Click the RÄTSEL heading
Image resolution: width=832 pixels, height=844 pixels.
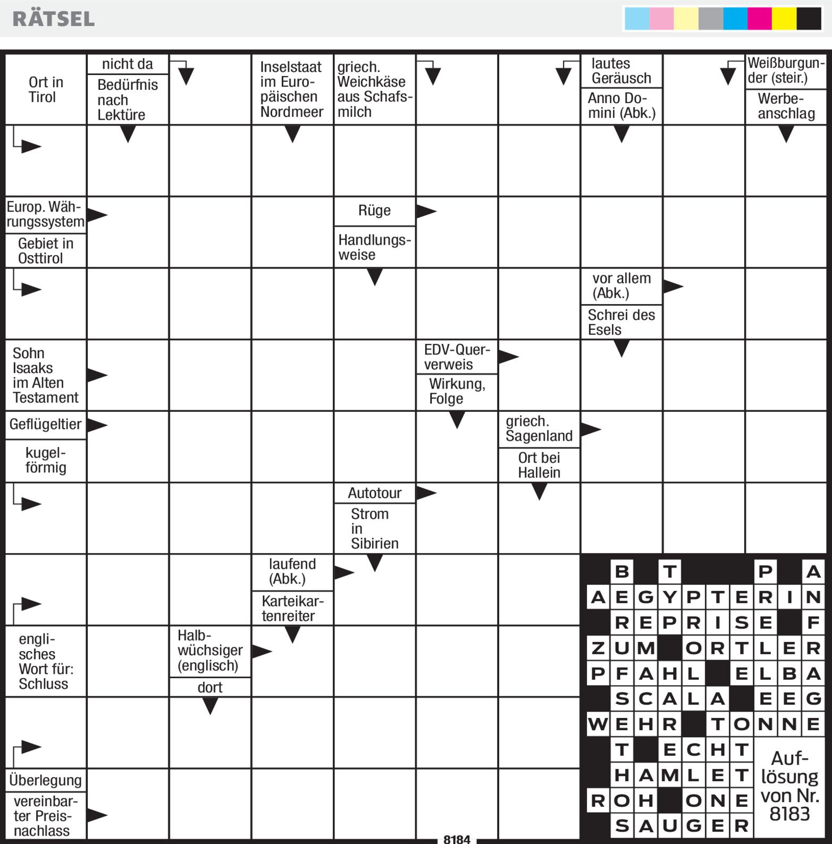tap(53, 19)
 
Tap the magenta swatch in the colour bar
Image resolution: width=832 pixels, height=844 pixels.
tap(759, 19)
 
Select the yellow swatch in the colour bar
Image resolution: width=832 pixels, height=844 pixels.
tap(784, 19)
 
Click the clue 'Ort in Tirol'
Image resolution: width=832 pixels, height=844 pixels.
tap(46, 89)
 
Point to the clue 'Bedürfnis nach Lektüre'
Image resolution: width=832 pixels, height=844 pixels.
tap(128, 99)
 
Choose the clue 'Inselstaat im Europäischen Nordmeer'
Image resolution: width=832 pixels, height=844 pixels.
tap(291, 89)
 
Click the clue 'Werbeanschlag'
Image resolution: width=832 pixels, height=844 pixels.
tap(786, 106)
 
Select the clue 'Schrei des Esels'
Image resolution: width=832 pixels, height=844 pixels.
tap(621, 322)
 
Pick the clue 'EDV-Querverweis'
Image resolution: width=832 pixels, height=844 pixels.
tap(456, 357)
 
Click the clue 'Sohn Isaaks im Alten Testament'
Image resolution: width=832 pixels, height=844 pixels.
tap(45, 375)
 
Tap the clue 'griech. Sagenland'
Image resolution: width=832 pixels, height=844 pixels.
tap(539, 428)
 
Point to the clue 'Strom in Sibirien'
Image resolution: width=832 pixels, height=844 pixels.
tap(374, 528)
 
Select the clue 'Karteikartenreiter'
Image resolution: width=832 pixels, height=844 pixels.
tap(292, 609)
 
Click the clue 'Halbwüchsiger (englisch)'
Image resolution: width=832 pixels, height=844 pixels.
tap(209, 651)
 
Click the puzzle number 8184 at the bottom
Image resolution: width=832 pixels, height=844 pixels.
tap(457, 839)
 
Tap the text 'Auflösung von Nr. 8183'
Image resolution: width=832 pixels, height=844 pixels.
tap(789, 786)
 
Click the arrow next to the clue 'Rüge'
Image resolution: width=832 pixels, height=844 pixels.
tap(426, 211)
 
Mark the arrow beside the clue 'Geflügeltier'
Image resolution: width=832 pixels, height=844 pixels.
tap(97, 425)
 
